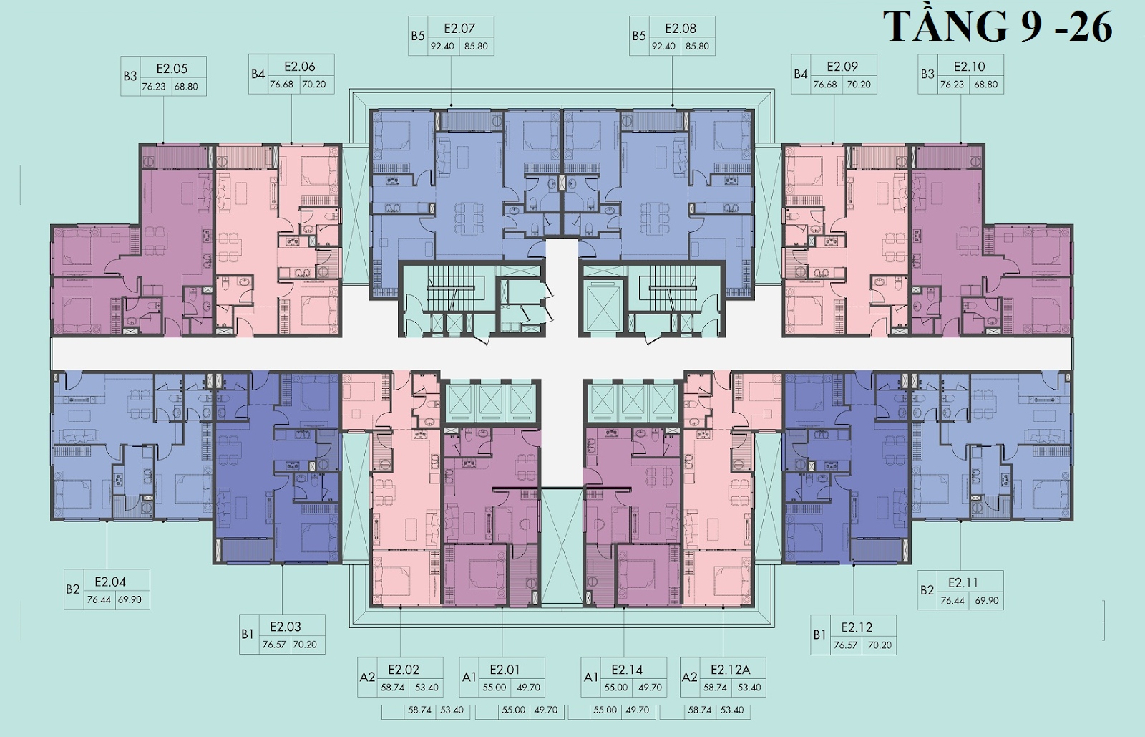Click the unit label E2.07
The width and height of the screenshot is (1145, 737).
tap(459, 28)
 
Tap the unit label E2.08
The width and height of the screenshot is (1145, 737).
tap(681, 28)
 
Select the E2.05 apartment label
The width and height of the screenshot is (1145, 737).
tap(172, 69)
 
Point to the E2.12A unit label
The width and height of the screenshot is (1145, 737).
tap(731, 670)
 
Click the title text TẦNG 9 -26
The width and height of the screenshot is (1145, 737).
tap(998, 26)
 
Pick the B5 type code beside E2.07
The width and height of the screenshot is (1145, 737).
tap(418, 36)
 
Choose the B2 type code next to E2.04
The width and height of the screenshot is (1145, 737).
tap(72, 589)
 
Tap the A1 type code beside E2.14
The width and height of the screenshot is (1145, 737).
tap(591, 677)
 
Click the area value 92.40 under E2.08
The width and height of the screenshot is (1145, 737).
tap(663, 46)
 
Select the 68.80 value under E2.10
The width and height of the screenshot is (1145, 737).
tap(985, 85)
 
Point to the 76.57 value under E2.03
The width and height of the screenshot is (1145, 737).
tap(274, 645)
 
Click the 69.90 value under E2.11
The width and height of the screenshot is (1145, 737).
tap(987, 600)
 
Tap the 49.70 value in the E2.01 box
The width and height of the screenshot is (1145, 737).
tap(528, 688)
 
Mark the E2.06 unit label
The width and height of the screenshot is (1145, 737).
tap(300, 67)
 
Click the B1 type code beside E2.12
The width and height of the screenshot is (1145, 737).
tap(819, 635)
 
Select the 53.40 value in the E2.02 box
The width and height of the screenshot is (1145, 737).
tap(427, 688)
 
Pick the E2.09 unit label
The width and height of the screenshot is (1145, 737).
tap(842, 67)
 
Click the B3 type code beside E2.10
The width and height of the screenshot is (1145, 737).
tap(927, 74)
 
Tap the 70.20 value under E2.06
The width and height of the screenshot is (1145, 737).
tap(313, 85)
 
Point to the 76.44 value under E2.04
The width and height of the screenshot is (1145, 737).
tap(99, 599)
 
